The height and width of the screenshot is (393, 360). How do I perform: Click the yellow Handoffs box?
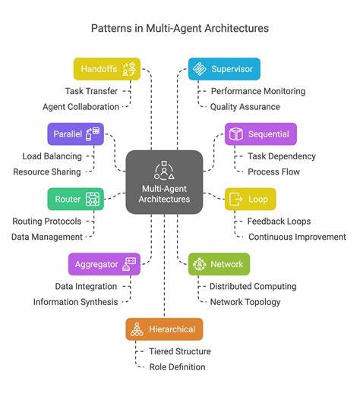pos(107,69)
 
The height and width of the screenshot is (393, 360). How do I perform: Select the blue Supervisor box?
pos(224,69)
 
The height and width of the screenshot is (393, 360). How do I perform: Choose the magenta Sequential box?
pos(261,134)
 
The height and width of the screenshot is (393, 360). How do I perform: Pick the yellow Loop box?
pos(251,200)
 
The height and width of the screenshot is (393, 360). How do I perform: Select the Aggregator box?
pos(104,264)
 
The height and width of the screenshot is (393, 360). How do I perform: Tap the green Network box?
pos(219,264)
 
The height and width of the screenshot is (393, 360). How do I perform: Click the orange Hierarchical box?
pos(164,329)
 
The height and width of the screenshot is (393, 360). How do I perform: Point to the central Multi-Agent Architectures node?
pos(164,182)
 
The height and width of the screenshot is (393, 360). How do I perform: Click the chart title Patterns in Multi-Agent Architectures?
pos(179,28)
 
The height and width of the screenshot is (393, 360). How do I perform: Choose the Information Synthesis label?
pos(75,301)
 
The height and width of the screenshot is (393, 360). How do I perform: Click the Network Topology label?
pos(245,301)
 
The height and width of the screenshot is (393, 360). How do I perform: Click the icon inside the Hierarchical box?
pos(137,329)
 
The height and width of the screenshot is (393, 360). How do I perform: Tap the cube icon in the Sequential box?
pos(236,134)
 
